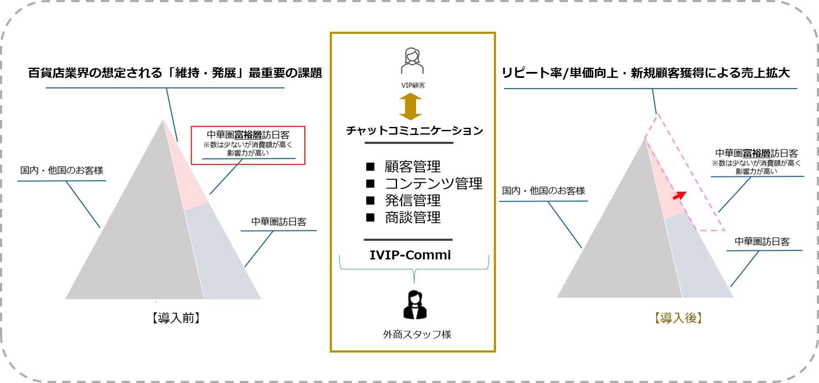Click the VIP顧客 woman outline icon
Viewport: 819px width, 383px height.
click(x=412, y=61)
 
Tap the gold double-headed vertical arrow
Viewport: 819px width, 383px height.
click(x=411, y=107)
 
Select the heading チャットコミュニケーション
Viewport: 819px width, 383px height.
click(x=414, y=130)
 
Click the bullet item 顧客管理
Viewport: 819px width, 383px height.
click(x=412, y=167)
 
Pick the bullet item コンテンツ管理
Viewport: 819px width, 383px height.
click(x=433, y=184)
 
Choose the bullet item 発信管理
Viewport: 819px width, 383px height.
click(x=412, y=201)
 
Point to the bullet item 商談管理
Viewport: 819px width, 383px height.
click(x=412, y=218)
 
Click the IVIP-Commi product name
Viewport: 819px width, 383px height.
click(x=410, y=255)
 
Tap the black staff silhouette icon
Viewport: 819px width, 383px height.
click(x=415, y=305)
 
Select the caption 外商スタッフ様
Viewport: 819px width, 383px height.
click(x=417, y=334)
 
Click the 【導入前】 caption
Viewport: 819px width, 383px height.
click(x=176, y=318)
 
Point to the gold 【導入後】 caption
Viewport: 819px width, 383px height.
click(x=678, y=318)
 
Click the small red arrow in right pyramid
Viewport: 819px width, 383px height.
click(x=679, y=196)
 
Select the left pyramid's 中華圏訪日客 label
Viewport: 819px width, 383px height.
click(x=279, y=222)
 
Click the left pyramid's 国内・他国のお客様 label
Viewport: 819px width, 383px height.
click(x=62, y=171)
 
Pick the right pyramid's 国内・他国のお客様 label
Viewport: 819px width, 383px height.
click(x=543, y=191)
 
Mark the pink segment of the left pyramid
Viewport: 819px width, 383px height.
click(x=184, y=174)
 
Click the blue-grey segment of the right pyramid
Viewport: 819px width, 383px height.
click(x=698, y=262)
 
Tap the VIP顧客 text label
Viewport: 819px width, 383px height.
click(x=413, y=85)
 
